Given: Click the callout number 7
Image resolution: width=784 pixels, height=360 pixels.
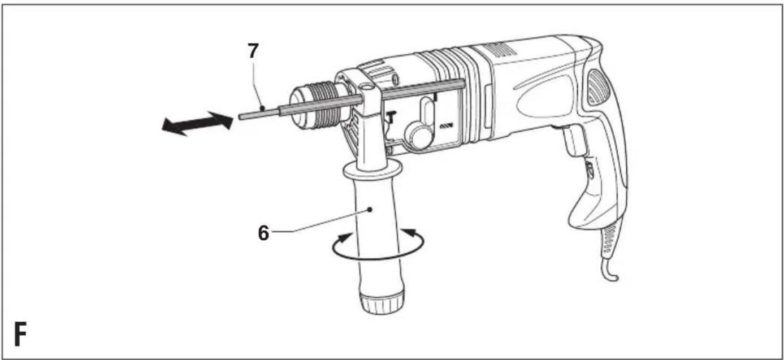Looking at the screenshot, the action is coord(253,51).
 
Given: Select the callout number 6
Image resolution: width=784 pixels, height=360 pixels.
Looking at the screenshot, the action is coord(263,233).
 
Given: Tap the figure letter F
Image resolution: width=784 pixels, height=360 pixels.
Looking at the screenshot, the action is coord(20,334).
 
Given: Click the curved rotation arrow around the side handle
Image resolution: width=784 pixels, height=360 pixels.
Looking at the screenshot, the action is coord(378,258).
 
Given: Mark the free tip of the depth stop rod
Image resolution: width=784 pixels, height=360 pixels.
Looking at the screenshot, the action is coord(240,117).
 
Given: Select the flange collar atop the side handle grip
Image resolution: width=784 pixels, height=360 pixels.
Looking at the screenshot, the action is coord(372,170).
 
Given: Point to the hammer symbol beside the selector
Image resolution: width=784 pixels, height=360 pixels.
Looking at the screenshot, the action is coord(391,118).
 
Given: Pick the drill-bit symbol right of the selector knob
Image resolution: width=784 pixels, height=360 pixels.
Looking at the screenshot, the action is coord(446,125).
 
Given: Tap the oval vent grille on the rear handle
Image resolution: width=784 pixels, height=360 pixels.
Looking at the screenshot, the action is coord(599,87).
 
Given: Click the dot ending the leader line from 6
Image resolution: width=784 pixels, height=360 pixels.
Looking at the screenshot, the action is coord(370,210).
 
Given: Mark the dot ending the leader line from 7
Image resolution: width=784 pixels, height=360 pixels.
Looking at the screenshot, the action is coord(262,107).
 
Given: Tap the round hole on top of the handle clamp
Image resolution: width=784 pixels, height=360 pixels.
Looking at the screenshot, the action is coord(366,86).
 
